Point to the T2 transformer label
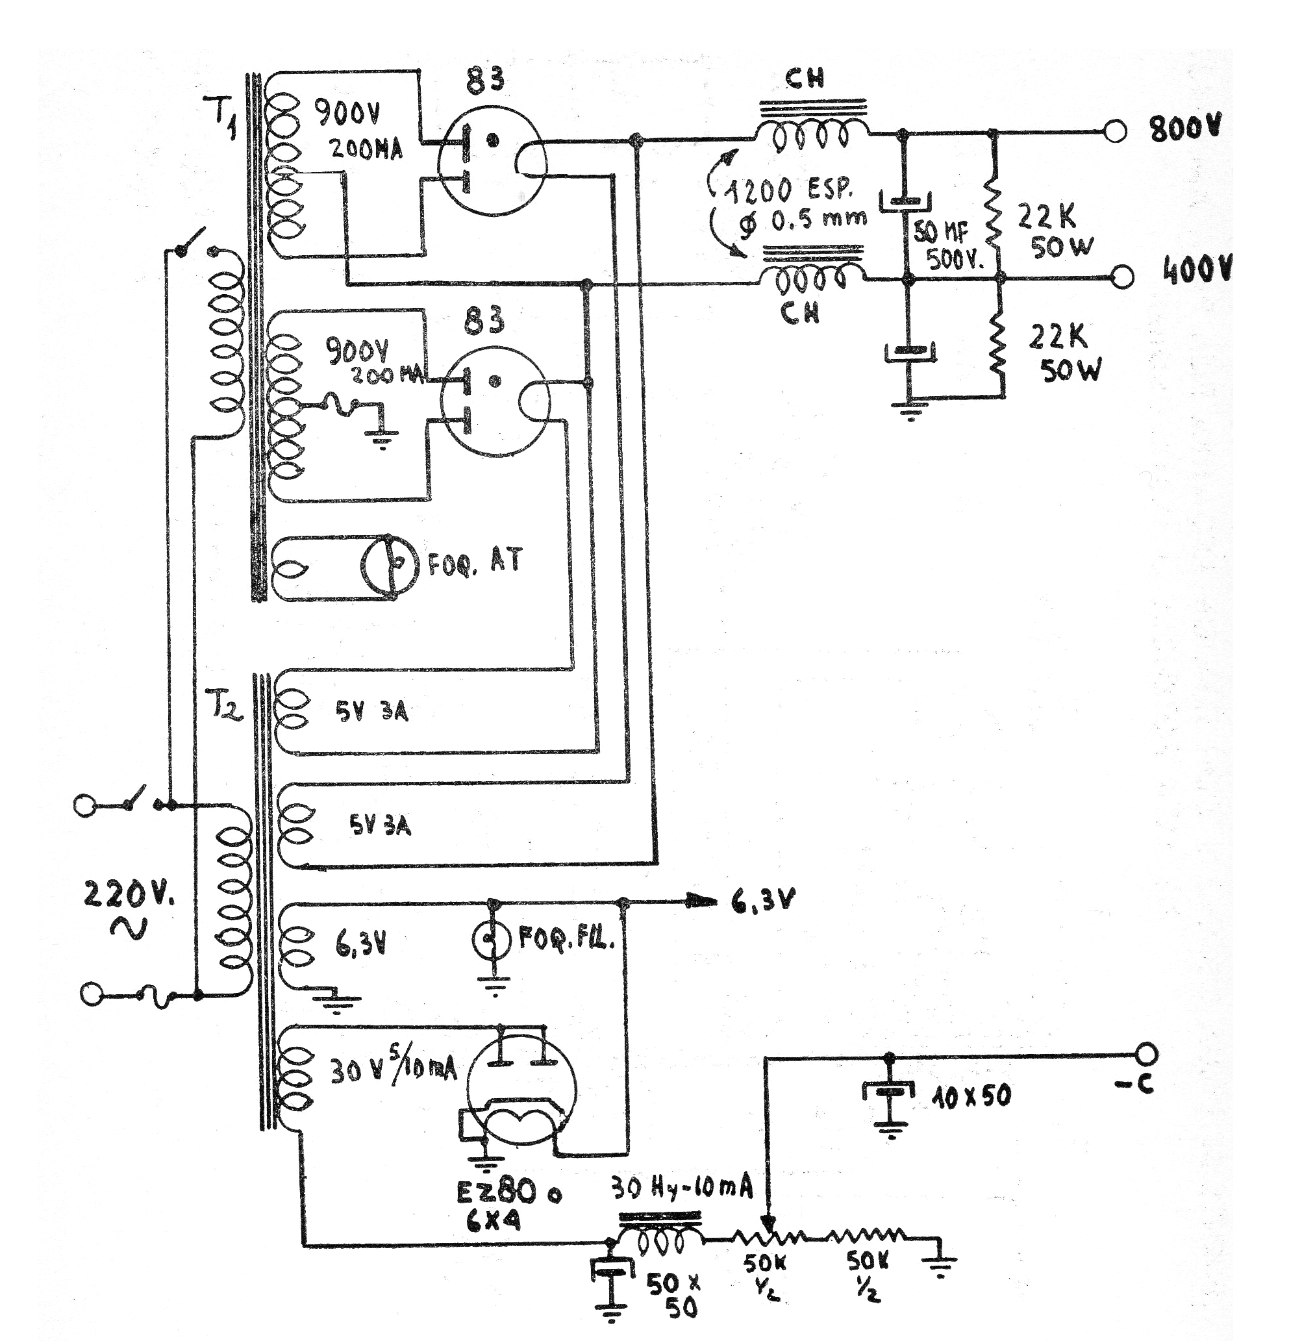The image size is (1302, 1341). pos(225,710)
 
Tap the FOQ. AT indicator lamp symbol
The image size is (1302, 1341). pos(388,564)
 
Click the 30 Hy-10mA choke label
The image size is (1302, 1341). pos(681,1189)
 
